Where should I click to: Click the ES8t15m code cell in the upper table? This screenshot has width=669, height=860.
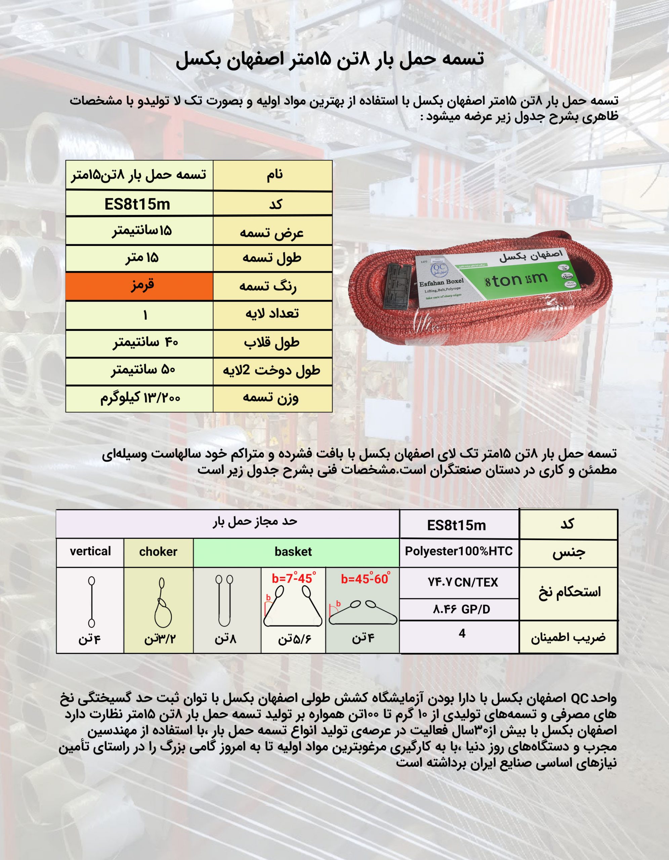coord(137,204)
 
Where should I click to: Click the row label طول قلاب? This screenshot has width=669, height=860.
coord(272,343)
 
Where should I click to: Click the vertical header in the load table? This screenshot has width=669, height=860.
coord(90,551)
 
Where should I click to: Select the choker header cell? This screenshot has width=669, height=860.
coord(158,552)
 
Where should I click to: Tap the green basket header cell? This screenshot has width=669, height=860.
coord(293,552)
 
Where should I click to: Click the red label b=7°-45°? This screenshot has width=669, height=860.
coord(293,579)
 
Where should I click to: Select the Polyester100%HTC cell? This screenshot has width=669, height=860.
coord(459,551)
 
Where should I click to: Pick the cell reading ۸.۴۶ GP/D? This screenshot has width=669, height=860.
coord(461,610)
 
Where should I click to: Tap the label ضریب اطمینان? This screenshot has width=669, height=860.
coord(568,638)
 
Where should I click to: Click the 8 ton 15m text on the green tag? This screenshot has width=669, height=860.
coord(516,280)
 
